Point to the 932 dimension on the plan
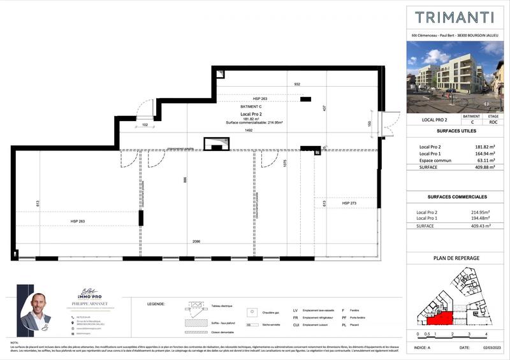[296, 84]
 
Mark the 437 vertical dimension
[324, 109]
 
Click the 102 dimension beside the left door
[145, 125]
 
